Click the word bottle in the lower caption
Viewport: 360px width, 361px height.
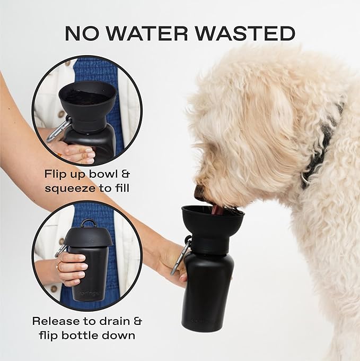point(86,335)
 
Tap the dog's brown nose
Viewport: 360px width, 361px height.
point(198,192)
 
